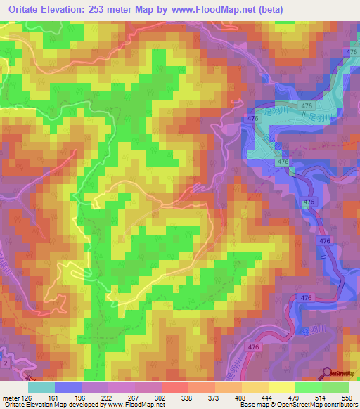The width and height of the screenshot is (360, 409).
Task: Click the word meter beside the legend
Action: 11,396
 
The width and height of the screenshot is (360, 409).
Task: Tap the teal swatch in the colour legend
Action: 41,387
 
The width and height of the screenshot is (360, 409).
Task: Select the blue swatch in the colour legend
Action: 67,387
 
